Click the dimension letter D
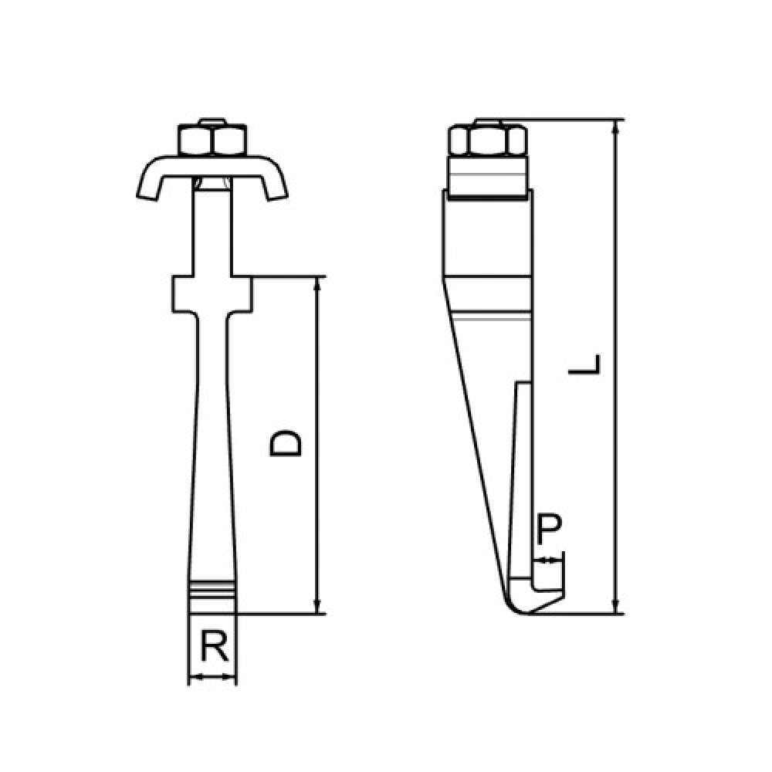tap(285, 442)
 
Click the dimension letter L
tap(584, 364)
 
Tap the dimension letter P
tap(548, 529)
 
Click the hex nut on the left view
tap(212, 140)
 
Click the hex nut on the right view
tap(488, 141)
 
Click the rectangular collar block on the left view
tap(212, 294)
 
